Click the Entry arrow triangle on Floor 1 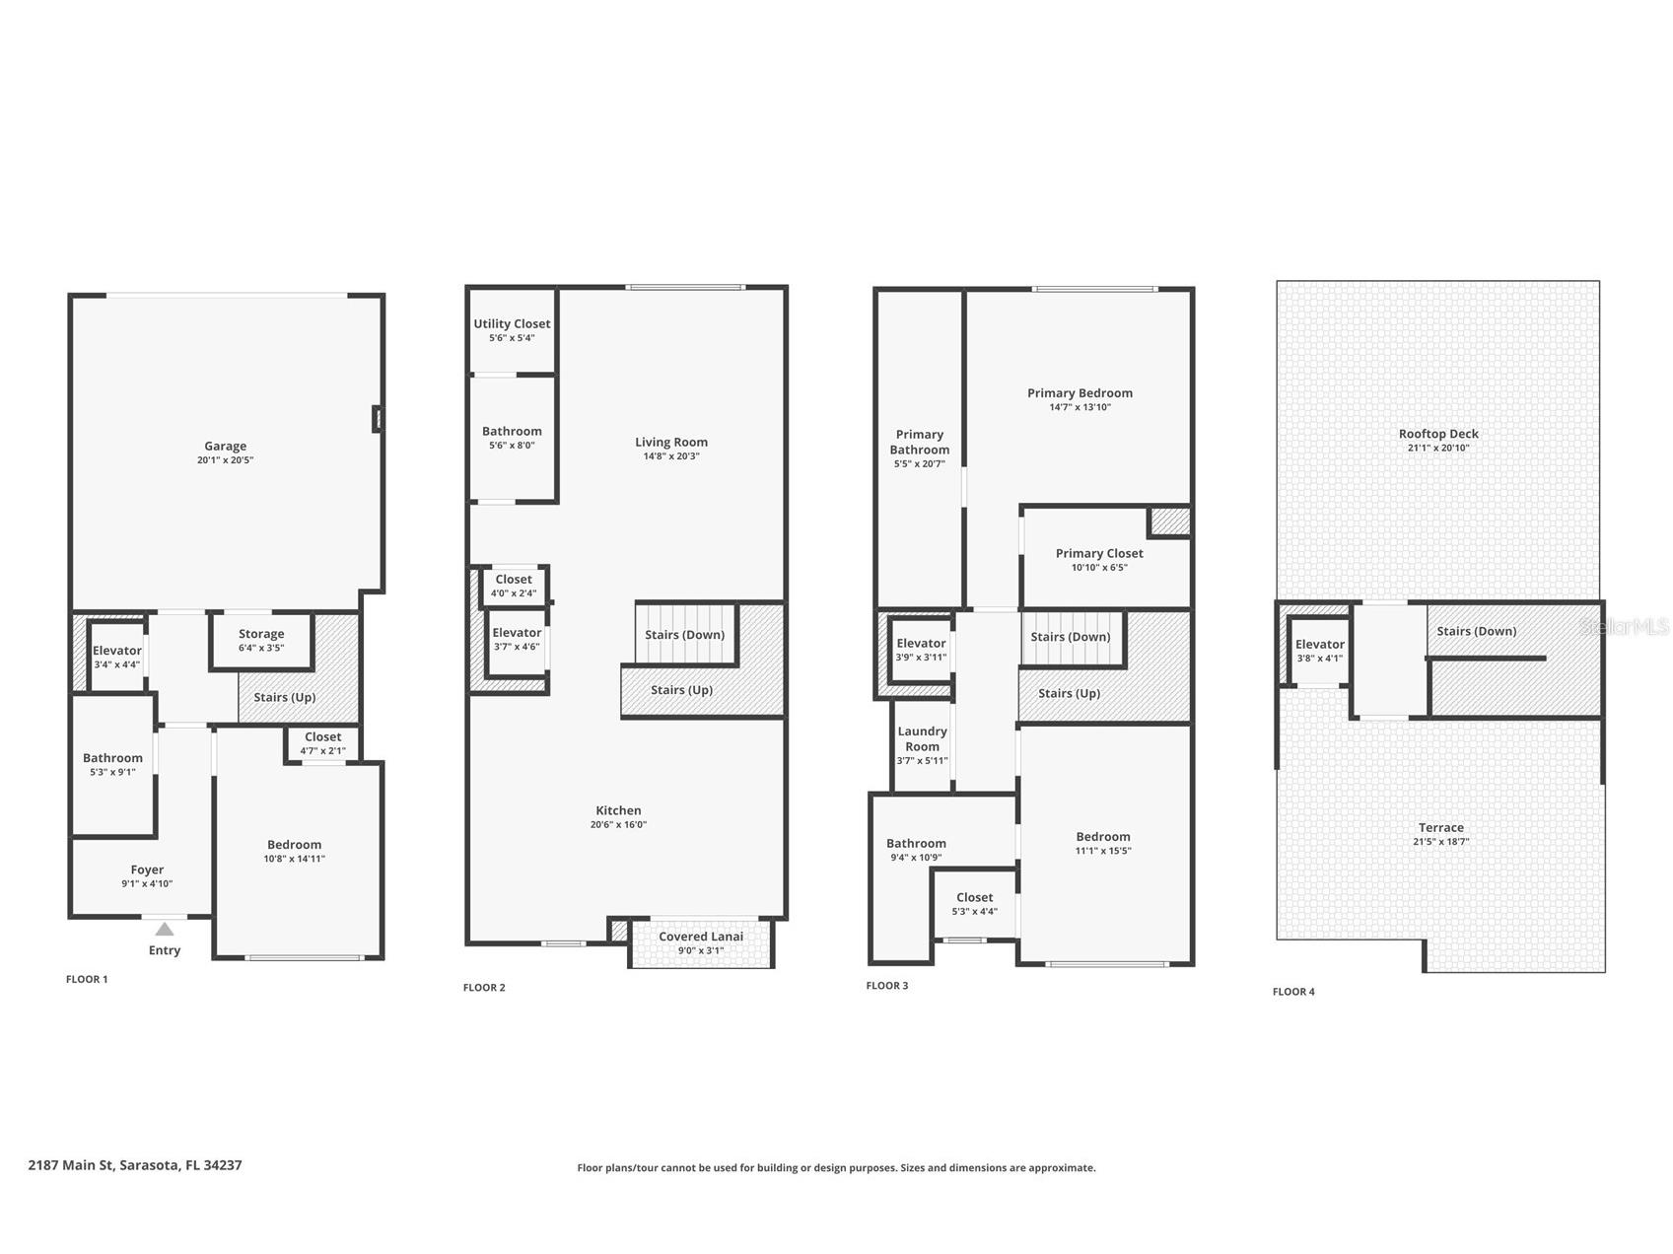pos(165,929)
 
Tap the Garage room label pos(225,446)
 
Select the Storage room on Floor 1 pos(261,641)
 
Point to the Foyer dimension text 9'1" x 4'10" pos(147,884)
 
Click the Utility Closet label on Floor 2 pos(512,323)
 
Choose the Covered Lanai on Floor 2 pos(701,942)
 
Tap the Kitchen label pos(618,810)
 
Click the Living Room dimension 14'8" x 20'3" pos(671,456)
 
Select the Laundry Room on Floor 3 pos(922,745)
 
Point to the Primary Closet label pos(1099,553)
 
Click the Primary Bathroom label pos(920,442)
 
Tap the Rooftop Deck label pos(1438,434)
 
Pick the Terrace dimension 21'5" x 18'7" pos(1440,842)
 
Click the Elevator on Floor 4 pos(1319,650)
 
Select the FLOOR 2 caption pos(484,988)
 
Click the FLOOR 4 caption pos(1293,992)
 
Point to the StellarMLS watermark pos(1624,627)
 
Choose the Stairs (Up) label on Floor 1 pos(285,697)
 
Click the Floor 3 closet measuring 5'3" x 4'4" pos(974,903)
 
